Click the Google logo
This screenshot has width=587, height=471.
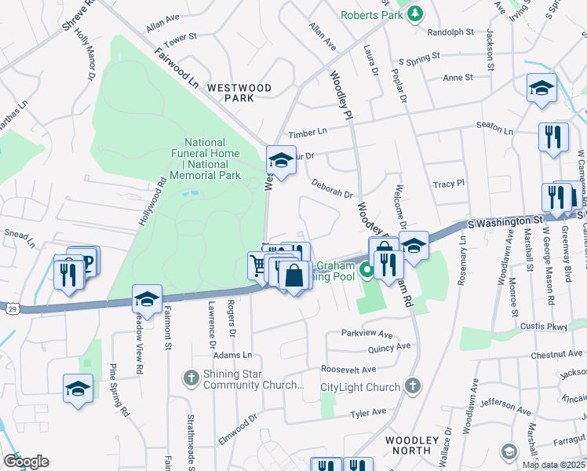[x=26, y=461]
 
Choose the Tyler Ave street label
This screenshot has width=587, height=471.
[x=368, y=412]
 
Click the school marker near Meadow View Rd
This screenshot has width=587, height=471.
[x=147, y=298]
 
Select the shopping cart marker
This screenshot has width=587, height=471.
[x=258, y=265]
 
